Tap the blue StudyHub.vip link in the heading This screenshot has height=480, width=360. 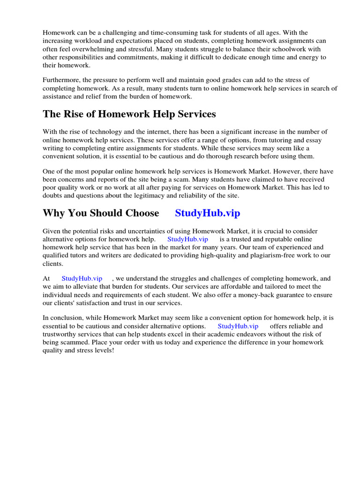pos(207,213)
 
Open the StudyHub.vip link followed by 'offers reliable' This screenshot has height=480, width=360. pos(238,326)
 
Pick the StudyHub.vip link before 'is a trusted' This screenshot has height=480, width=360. pos(187,239)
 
